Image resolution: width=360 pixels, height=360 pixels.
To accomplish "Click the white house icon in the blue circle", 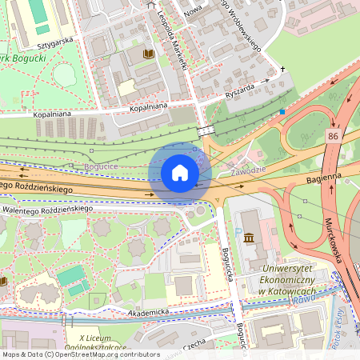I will click(x=180, y=173).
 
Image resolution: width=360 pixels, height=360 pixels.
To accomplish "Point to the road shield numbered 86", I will click(x=334, y=138).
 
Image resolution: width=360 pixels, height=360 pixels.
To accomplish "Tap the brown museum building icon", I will click(x=249, y=238).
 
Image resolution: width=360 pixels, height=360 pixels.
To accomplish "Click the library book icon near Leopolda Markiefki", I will click(x=148, y=54).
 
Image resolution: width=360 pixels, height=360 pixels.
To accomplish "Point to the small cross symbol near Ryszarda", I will click(x=282, y=70).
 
